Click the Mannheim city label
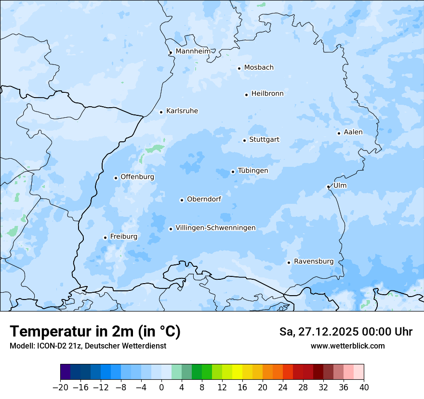(x=193, y=51)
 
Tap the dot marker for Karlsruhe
(x=161, y=112)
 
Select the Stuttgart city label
(x=264, y=140)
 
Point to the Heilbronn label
(x=267, y=94)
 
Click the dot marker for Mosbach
(x=239, y=68)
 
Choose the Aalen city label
(x=353, y=132)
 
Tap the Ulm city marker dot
(x=328, y=187)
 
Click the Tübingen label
(x=253, y=171)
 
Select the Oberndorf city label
(x=204, y=199)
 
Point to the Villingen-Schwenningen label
(x=215, y=228)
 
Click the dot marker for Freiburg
(x=105, y=237)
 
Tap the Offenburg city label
(x=137, y=177)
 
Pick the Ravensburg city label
(x=314, y=262)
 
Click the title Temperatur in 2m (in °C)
(x=95, y=332)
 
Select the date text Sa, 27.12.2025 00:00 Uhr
(x=345, y=332)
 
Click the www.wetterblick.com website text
(x=347, y=346)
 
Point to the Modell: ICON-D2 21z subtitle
(x=88, y=346)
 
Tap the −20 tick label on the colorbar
(x=60, y=387)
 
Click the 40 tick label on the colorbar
(x=364, y=387)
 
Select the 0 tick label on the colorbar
(x=161, y=387)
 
